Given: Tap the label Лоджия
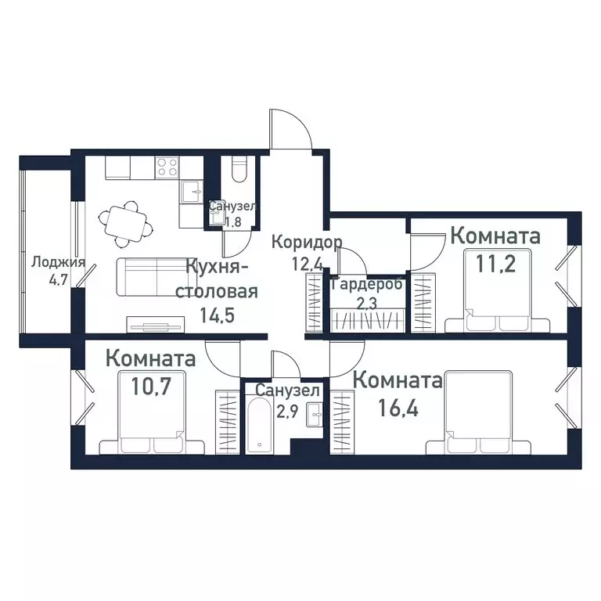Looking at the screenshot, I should pyautogui.click(x=57, y=263).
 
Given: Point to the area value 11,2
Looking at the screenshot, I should pyautogui.click(x=496, y=263).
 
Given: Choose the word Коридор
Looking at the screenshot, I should pyautogui.click(x=307, y=242).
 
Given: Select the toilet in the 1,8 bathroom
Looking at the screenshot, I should pyautogui.click(x=241, y=170).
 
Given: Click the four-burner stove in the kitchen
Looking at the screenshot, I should pyautogui.click(x=167, y=167).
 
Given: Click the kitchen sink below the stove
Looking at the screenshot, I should pyautogui.click(x=190, y=190).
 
